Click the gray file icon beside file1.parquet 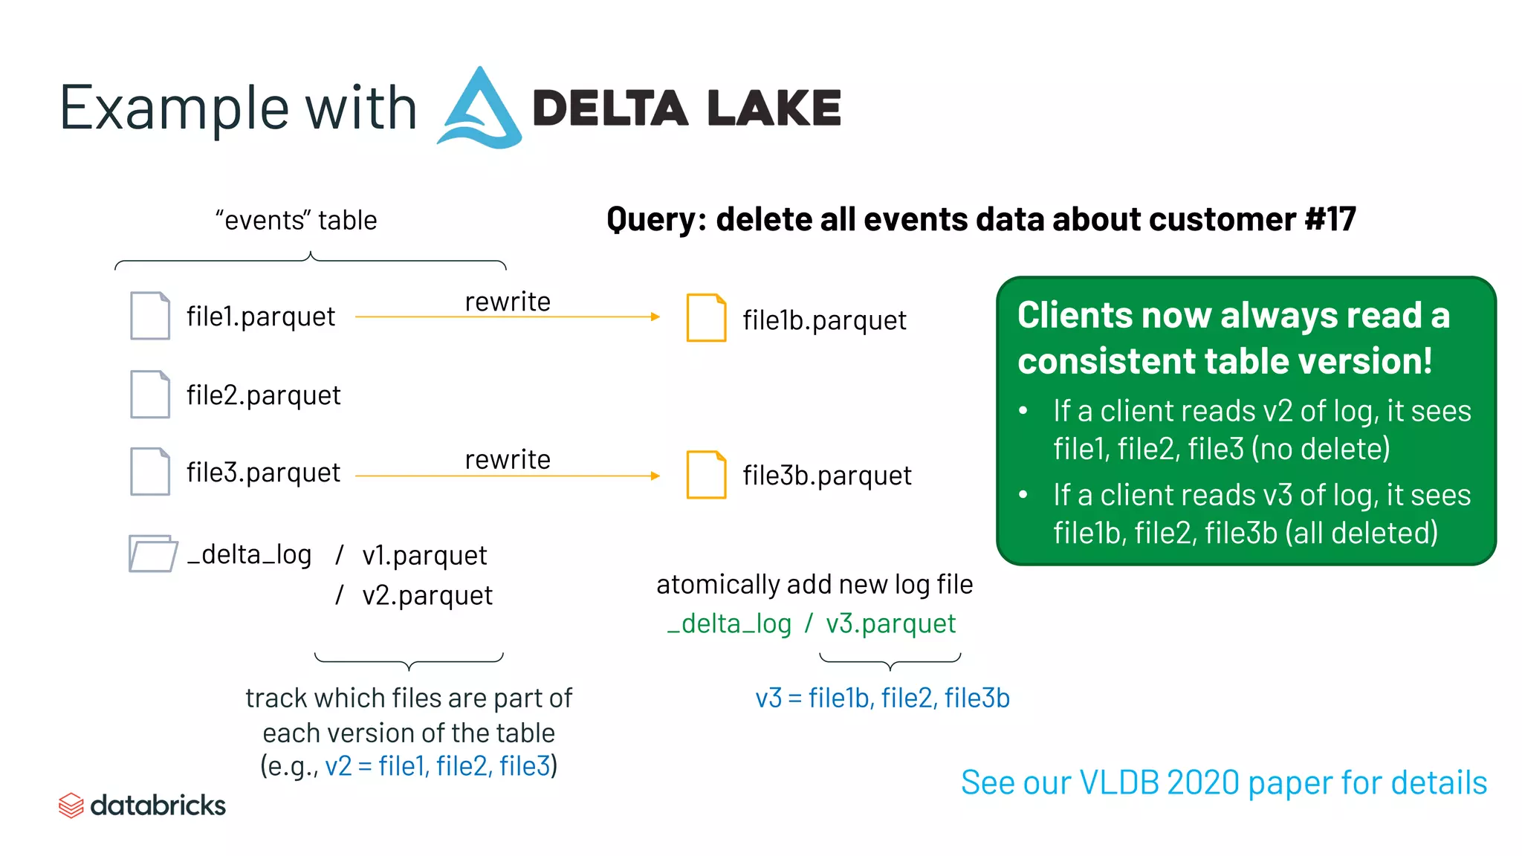tap(150, 316)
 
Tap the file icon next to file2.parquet tap(150, 395)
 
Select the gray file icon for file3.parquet tap(150, 472)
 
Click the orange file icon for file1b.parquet tap(706, 318)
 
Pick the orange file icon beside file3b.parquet tap(706, 475)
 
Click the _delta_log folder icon tap(152, 554)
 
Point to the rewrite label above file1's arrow tap(508, 302)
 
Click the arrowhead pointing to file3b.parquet tap(655, 476)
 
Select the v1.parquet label tap(424, 556)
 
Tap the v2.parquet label tap(427, 595)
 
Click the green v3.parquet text tap(890, 623)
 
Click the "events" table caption tap(296, 221)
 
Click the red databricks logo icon tap(71, 805)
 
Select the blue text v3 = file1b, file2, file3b tap(882, 698)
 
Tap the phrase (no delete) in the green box tap(1321, 449)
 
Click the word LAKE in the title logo tap(774, 108)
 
